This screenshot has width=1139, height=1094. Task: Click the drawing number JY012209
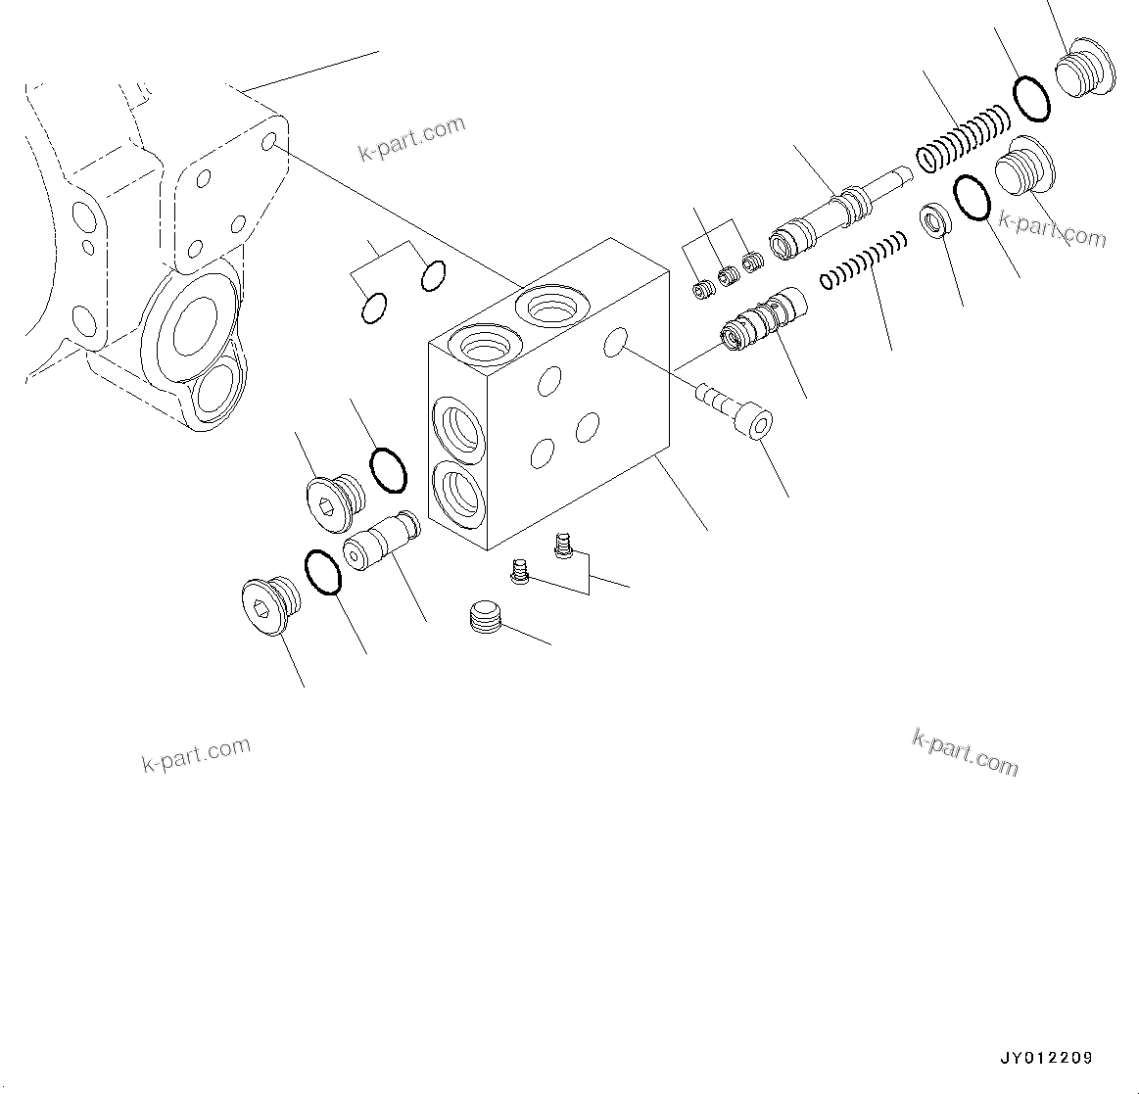[1045, 1058]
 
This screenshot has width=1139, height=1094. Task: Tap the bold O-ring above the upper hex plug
[388, 469]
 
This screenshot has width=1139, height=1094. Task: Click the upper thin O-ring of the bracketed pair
[434, 276]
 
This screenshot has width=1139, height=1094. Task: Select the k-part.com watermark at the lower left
[196, 754]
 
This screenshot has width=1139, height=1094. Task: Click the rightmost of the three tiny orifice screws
[752, 262]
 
